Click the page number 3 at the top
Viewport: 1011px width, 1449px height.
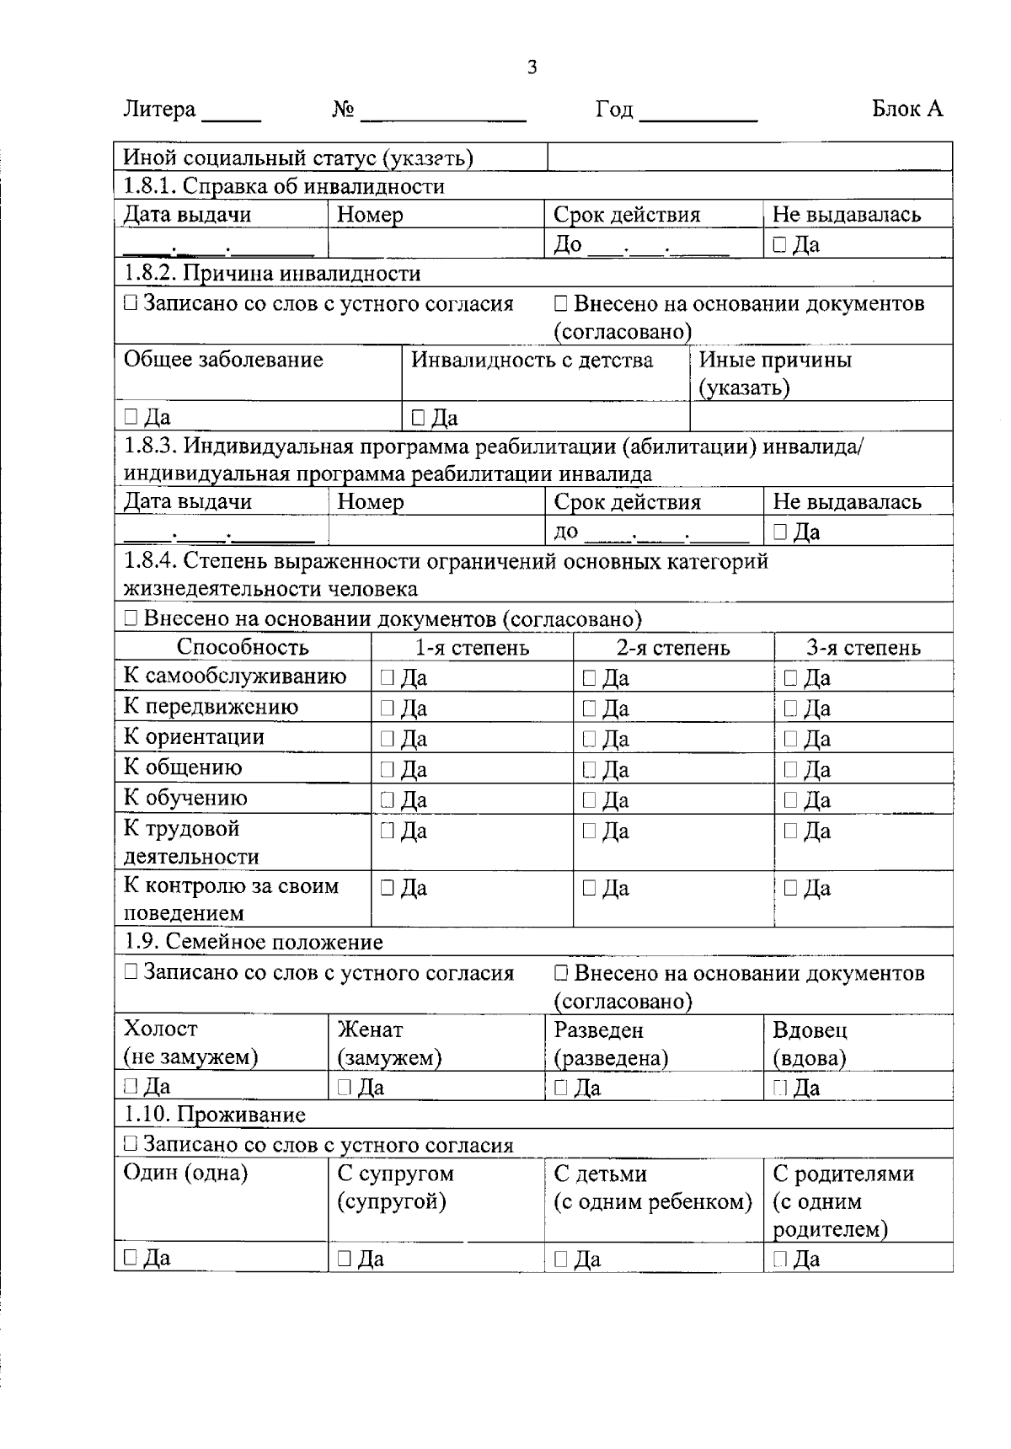pos(532,67)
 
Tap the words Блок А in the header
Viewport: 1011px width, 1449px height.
pos(907,109)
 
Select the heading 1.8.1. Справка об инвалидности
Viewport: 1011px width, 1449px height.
pos(284,186)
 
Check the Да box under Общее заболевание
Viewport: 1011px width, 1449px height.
pos(131,416)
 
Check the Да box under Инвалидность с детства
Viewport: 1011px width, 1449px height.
pos(418,417)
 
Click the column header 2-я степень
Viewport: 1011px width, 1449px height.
pos(672,648)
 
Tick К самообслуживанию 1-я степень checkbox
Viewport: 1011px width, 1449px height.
pos(387,677)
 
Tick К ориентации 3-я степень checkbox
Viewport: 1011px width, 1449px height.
pos(790,739)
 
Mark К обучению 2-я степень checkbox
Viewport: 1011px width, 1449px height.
pos(589,799)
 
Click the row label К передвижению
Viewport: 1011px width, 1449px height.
pos(211,707)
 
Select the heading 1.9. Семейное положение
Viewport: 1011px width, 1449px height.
pos(253,942)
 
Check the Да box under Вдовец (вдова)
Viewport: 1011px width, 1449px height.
pos(779,1088)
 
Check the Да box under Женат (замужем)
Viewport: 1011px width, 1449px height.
pos(345,1088)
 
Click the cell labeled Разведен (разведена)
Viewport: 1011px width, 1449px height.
pos(611,1044)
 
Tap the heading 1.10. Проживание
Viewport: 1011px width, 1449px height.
pos(215,1115)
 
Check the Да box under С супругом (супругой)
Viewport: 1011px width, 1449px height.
pos(345,1259)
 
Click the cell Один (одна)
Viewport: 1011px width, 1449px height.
pos(186,1174)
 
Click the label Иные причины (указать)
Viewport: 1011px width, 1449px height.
pos(775,373)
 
